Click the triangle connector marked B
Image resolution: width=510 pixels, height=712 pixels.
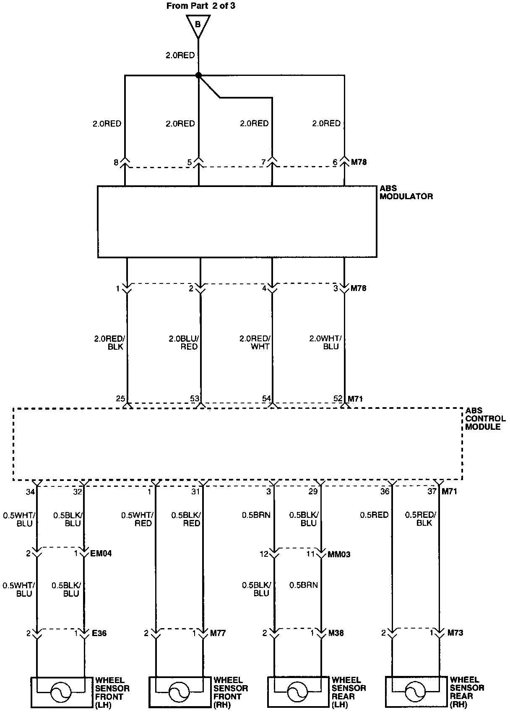[198, 24]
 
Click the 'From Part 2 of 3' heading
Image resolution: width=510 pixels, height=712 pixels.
[198, 6]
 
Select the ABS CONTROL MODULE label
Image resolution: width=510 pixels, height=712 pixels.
[485, 418]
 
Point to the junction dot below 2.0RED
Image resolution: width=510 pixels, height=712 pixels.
[198, 75]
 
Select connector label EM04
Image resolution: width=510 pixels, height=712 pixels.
[101, 553]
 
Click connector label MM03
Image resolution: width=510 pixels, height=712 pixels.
[338, 554]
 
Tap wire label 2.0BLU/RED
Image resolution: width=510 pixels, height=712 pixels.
[183, 342]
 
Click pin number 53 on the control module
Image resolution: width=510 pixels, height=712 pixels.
[195, 398]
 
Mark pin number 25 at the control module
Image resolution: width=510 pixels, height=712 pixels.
[120, 398]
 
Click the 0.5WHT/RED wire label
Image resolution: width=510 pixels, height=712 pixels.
[137, 519]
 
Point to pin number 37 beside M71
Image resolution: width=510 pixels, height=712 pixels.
[432, 491]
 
